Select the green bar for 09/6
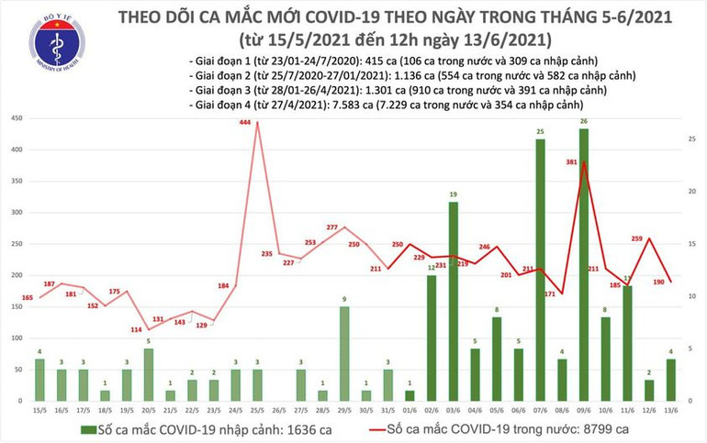(585, 266)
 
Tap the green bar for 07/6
(540, 271)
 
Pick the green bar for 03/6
(453, 302)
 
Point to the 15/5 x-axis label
(39, 411)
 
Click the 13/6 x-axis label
(673, 411)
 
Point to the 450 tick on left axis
(17, 120)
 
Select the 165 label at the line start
(28, 298)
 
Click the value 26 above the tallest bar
(585, 121)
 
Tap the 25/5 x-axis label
(257, 411)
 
